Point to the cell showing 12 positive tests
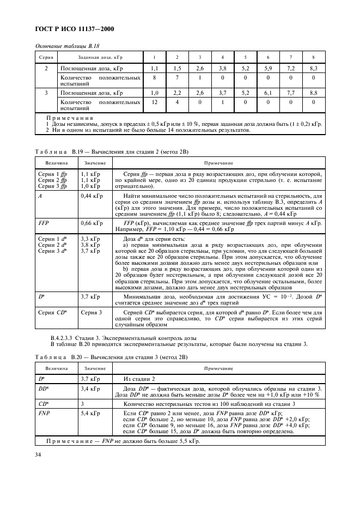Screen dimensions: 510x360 [154, 102]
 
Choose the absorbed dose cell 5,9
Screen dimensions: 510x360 [268, 69]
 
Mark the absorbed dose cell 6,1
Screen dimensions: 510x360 [268, 93]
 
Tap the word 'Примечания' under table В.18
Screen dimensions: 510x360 [70, 118]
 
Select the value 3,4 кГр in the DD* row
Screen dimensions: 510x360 [90, 388]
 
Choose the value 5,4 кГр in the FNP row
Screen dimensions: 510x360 [90, 414]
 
